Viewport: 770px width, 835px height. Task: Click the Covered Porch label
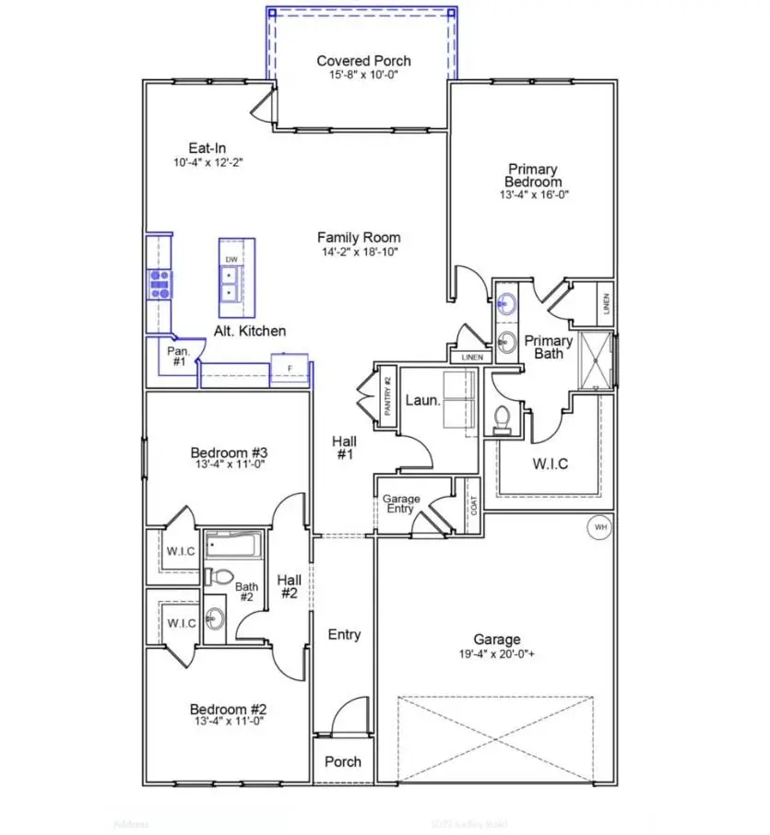(x=363, y=61)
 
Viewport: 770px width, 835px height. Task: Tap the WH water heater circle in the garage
(x=600, y=527)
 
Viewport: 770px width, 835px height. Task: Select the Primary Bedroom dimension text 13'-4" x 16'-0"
(x=532, y=195)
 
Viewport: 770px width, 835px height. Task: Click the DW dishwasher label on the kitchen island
(x=231, y=260)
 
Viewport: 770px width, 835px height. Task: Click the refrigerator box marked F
(x=290, y=369)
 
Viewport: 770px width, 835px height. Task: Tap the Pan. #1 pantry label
(x=178, y=356)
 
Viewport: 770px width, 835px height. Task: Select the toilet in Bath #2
(x=220, y=577)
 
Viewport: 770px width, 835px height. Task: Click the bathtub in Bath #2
(x=233, y=546)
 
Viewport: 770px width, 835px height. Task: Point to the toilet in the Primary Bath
(x=503, y=420)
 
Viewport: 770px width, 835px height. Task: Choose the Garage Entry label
(x=401, y=504)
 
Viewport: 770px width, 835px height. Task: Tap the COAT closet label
(x=474, y=505)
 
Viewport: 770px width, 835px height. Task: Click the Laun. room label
(x=422, y=402)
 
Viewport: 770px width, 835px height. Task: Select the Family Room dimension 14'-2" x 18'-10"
(x=359, y=252)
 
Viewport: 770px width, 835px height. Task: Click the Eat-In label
(x=207, y=147)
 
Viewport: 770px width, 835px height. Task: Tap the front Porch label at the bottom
(x=343, y=761)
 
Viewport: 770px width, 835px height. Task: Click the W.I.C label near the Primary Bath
(x=550, y=464)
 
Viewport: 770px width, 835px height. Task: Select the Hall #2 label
(x=289, y=586)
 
